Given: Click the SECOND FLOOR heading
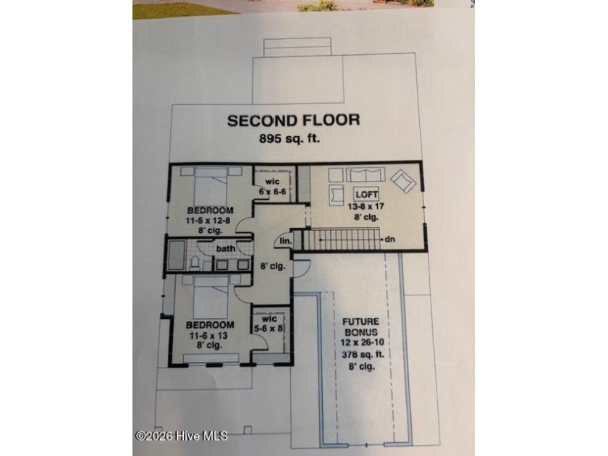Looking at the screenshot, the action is click(x=294, y=120).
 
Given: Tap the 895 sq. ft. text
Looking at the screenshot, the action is click(x=290, y=138).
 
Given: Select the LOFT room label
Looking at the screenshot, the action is click(x=366, y=194).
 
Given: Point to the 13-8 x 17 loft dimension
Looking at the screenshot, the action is click(x=366, y=206).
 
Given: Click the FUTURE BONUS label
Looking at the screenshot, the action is click(x=360, y=326).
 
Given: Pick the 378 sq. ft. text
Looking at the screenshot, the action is click(x=363, y=355).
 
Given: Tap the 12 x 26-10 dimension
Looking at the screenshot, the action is click(x=362, y=342).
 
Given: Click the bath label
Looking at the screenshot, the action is click(x=226, y=248).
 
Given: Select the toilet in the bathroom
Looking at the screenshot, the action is click(x=195, y=262).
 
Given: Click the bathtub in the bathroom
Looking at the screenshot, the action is click(x=177, y=255).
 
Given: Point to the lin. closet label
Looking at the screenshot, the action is click(x=285, y=241).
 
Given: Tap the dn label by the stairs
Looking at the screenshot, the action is click(x=390, y=240).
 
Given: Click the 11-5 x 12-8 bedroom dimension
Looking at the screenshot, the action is click(x=209, y=221).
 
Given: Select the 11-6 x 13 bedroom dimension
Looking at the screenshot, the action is click(x=208, y=335).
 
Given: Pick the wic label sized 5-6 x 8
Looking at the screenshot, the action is click(x=269, y=318).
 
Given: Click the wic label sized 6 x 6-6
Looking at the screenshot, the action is click(x=272, y=182).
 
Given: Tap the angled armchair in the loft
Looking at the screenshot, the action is click(x=403, y=180).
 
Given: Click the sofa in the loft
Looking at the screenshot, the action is click(x=366, y=174).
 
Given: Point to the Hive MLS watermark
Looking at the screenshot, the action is click(x=182, y=436).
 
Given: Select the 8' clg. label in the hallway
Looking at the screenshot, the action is click(x=273, y=266).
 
